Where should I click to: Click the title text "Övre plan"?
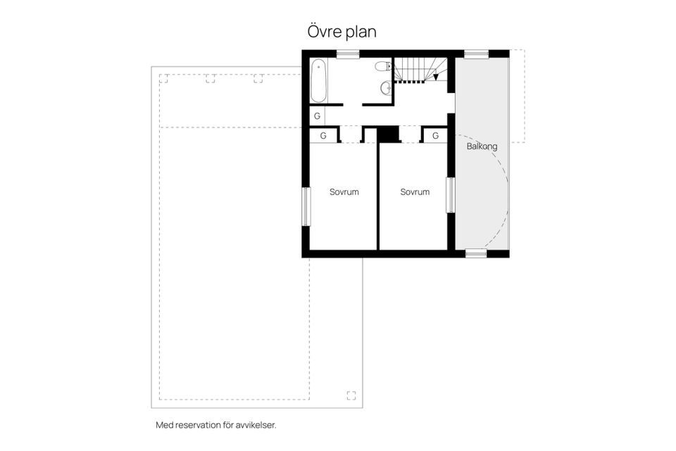click(342, 32)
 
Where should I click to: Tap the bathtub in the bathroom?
click(318, 81)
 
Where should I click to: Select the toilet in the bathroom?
click(383, 66)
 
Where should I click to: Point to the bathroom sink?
click(387, 88)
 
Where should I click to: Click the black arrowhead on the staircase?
click(436, 77)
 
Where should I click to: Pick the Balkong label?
click(482, 147)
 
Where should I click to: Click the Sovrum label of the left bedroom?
click(344, 192)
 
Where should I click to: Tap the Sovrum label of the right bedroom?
click(415, 192)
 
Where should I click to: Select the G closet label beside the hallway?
click(318, 116)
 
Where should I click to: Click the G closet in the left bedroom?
click(323, 136)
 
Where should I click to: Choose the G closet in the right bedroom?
click(435, 136)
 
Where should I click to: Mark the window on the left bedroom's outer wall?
click(306, 206)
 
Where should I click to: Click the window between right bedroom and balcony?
click(451, 195)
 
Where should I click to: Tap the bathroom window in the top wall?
click(348, 54)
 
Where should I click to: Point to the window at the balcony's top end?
click(477, 54)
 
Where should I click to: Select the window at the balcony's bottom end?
click(476, 254)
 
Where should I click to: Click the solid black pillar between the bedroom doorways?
click(389, 134)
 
